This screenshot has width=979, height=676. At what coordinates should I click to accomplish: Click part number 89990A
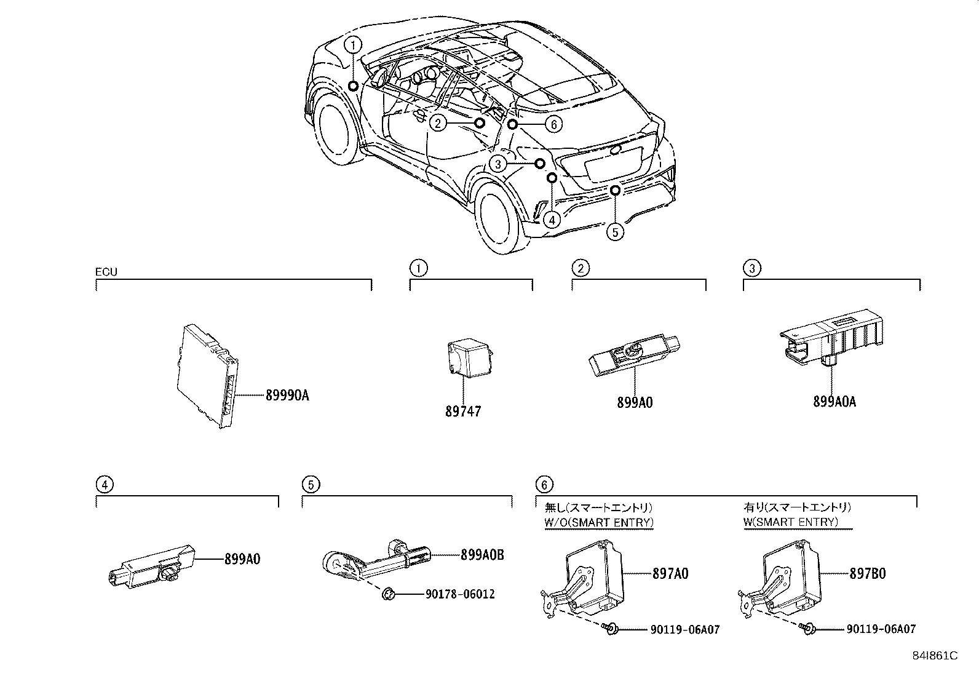(x=287, y=396)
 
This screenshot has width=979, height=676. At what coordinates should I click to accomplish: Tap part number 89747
(x=463, y=411)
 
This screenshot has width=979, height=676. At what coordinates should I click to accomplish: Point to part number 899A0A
(x=834, y=402)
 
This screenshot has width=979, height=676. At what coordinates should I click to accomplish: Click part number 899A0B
(x=482, y=555)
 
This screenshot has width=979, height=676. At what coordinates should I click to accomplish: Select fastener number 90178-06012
(x=459, y=594)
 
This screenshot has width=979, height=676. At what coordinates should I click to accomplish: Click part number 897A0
(x=670, y=573)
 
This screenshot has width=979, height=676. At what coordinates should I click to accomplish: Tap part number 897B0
(x=867, y=573)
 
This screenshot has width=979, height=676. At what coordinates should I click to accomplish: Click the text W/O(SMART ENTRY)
(x=599, y=522)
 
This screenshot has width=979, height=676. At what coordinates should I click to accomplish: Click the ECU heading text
(x=106, y=271)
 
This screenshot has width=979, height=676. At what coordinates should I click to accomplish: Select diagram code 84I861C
(x=935, y=656)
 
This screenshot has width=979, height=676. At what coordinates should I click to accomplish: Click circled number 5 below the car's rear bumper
(x=614, y=232)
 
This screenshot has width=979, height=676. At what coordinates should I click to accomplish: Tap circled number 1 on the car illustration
(x=352, y=44)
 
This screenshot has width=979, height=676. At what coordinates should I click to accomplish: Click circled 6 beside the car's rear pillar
(x=553, y=124)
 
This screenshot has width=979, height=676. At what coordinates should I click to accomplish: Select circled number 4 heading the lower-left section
(x=105, y=485)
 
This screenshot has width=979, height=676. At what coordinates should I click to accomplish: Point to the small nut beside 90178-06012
(x=389, y=594)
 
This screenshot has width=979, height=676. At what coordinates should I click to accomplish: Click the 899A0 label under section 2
(x=635, y=402)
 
